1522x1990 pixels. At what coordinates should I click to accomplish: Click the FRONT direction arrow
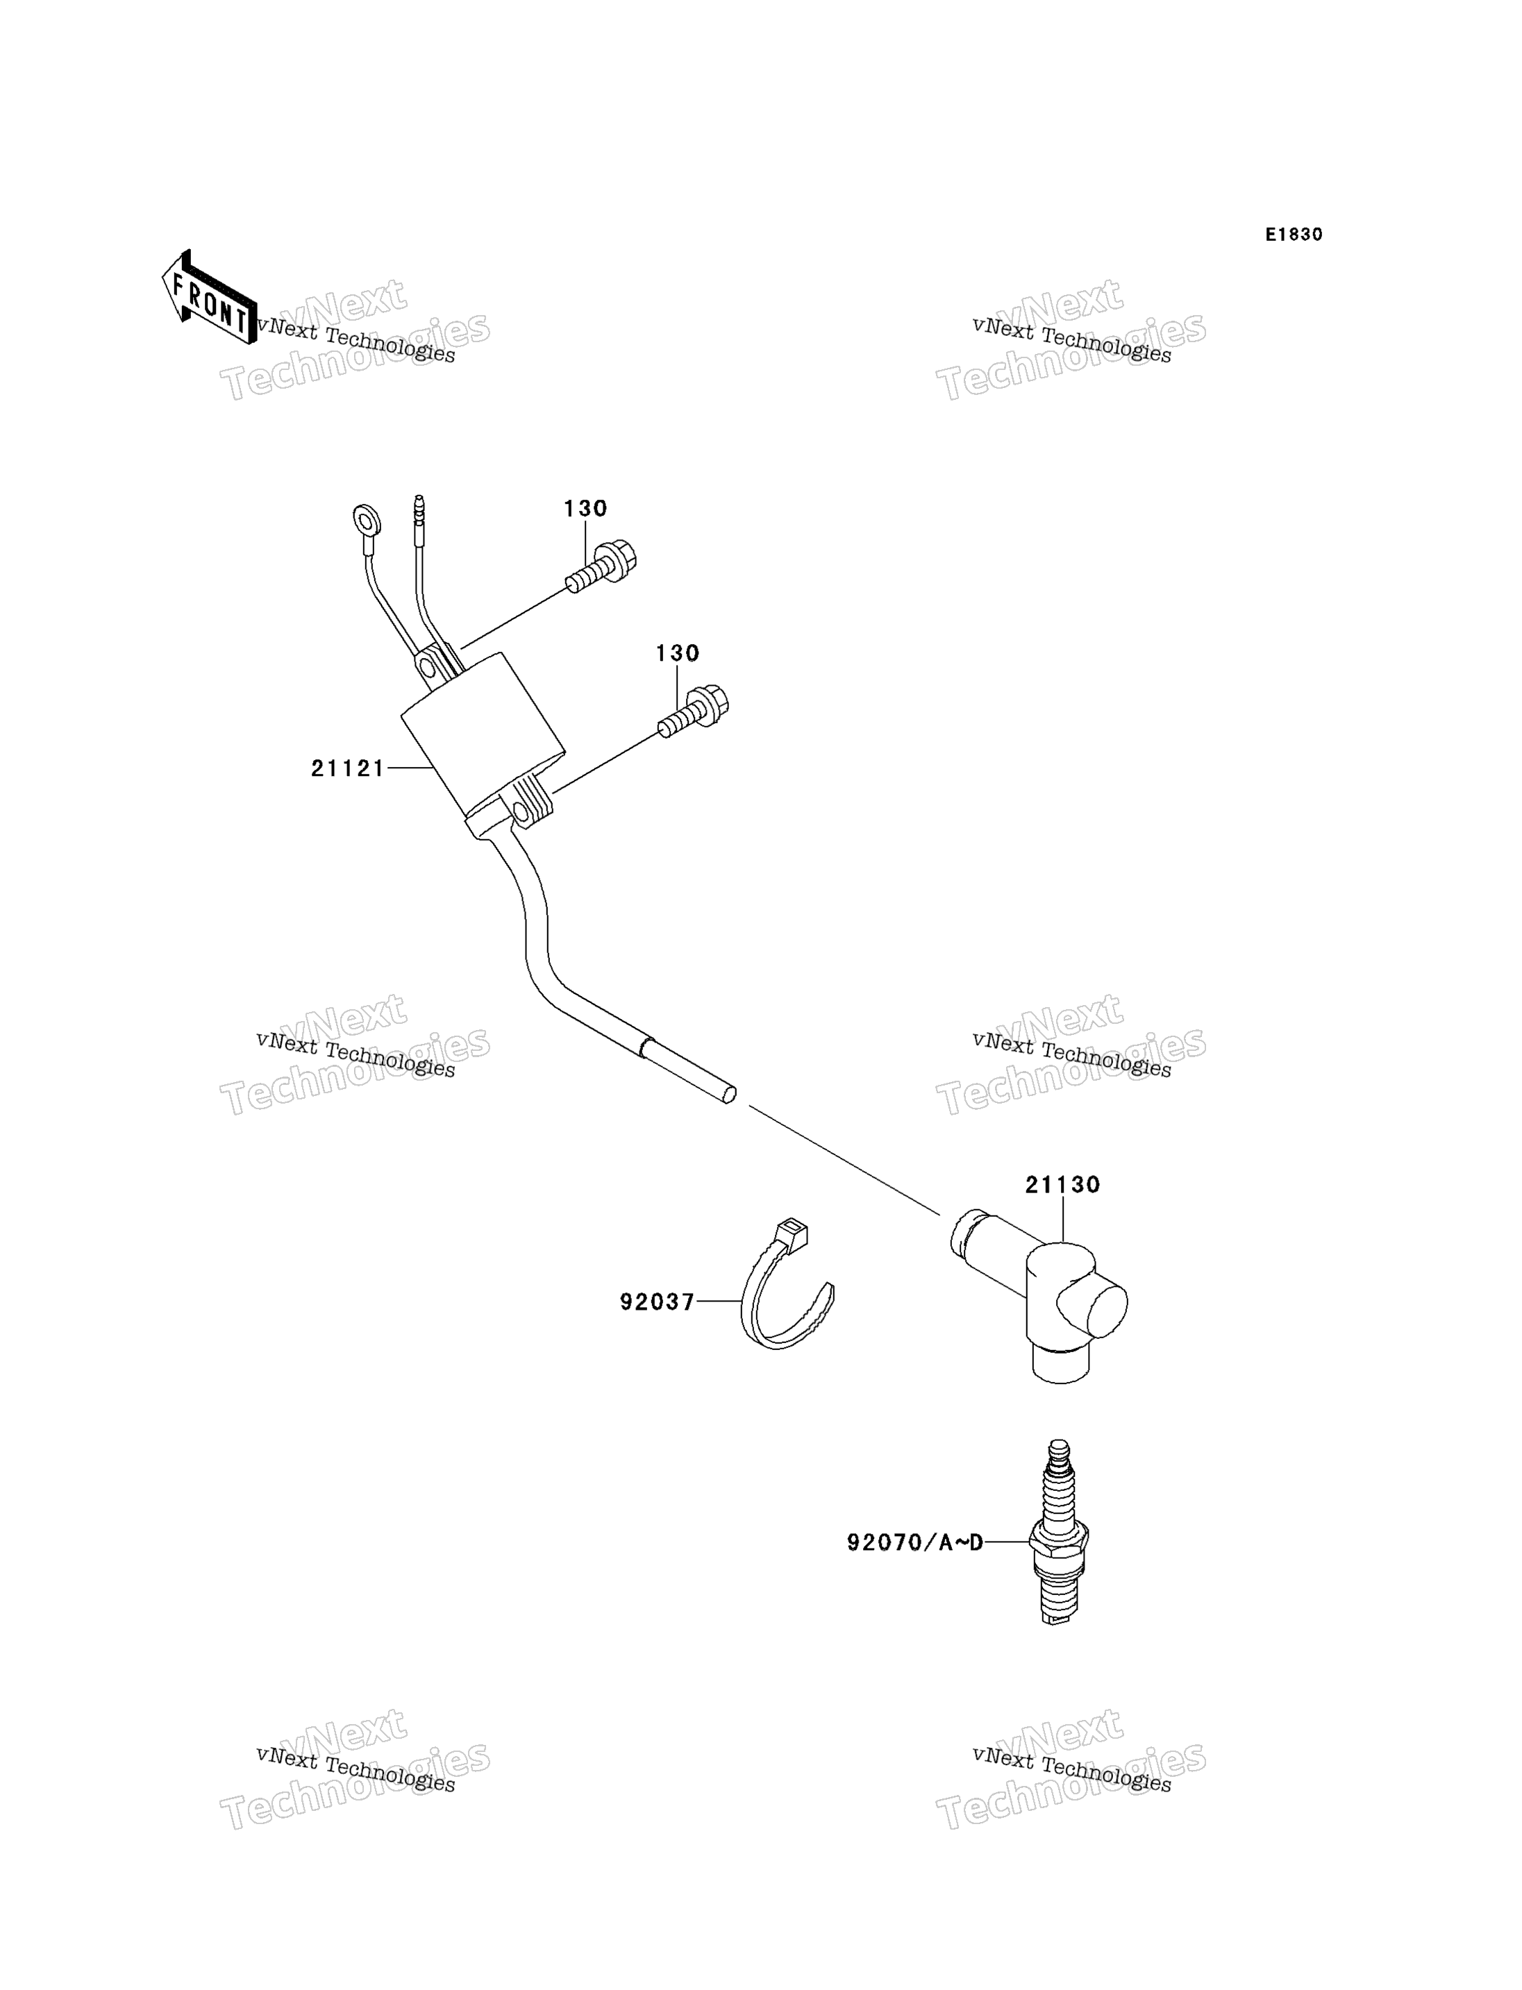pos(208,298)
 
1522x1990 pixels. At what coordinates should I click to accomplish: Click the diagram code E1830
pos(1294,235)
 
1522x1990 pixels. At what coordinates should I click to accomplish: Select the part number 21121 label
pos(348,769)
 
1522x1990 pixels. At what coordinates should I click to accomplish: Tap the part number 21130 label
pos(1062,1185)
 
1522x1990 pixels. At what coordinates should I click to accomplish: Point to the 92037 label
pos(657,1301)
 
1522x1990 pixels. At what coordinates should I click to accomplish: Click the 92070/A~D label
pos(915,1542)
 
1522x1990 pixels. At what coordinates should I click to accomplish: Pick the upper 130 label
pos(585,509)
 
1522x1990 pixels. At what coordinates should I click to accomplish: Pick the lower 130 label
pos(678,653)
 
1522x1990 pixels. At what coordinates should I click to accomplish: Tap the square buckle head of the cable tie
pos(793,1236)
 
